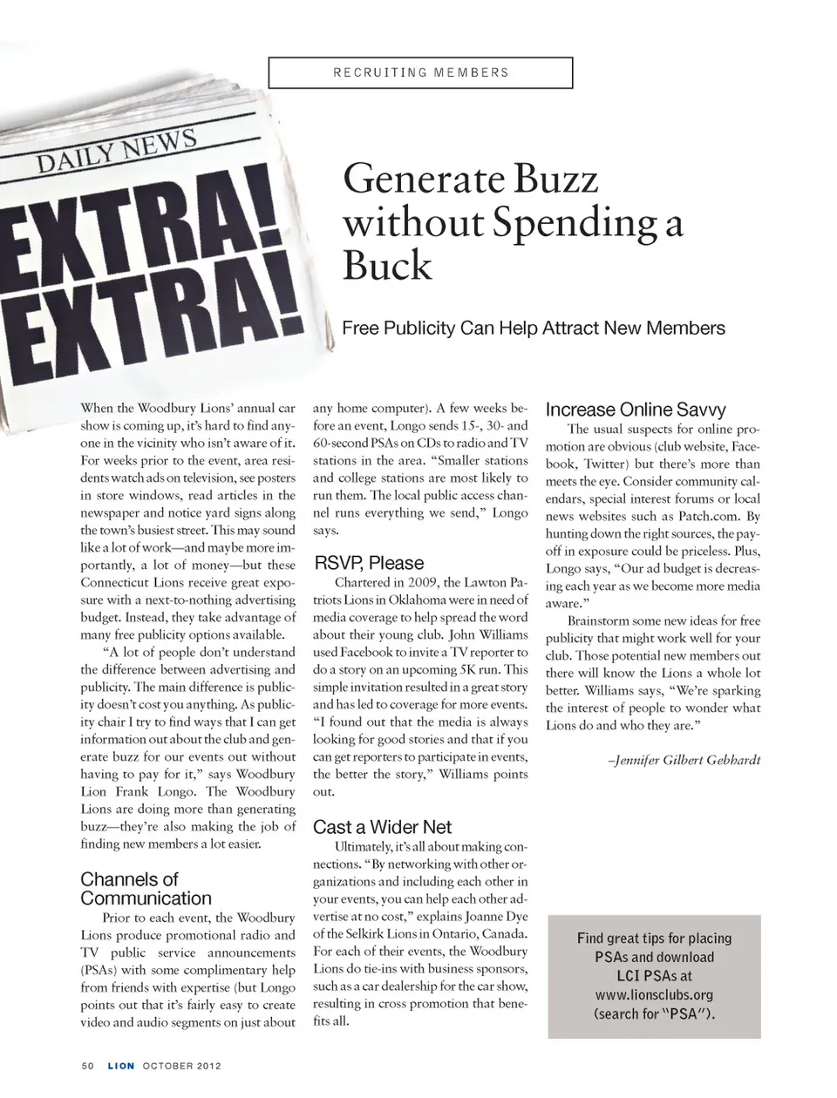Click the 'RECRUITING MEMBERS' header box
pos(420,72)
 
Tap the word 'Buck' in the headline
pos(387,264)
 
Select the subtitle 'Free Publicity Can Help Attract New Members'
pos(534,329)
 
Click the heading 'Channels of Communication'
pos(146,889)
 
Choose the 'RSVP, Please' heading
pos(368,563)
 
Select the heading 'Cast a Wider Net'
pos(382,827)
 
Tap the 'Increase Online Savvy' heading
pos(636,410)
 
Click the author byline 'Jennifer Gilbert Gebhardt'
pos(685,760)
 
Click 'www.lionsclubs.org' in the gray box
pos(654,994)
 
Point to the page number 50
pos(87,1066)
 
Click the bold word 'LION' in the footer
pos(121,1066)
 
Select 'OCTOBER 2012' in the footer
pos(182,1066)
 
